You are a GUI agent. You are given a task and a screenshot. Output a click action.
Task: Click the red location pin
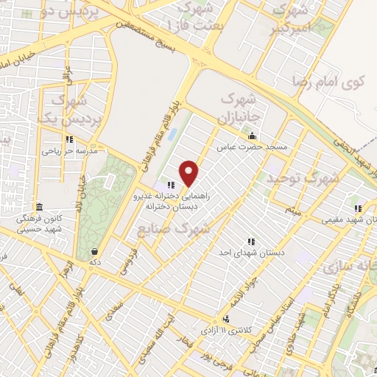click(190, 173)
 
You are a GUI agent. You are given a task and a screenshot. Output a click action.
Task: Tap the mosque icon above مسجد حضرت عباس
click(253, 136)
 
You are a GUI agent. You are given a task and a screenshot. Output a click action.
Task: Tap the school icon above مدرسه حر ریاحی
click(68, 139)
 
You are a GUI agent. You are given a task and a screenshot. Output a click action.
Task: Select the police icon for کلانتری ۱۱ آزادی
click(226, 319)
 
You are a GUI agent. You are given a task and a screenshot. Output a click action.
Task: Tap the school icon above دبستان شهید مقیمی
click(358, 208)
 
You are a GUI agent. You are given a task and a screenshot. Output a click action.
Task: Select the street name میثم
click(294, 211)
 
